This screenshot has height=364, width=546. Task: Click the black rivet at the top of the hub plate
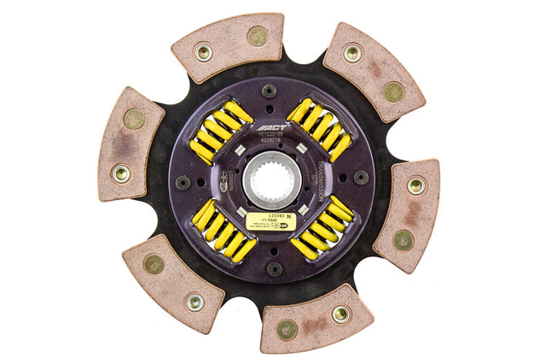(x=270, y=90)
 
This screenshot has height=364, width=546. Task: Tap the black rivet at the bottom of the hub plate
(x=274, y=268)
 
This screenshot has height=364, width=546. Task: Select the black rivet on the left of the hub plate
(x=182, y=181)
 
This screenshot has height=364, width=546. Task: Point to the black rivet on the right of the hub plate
(x=362, y=178)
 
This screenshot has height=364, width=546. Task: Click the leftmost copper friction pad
(x=129, y=144)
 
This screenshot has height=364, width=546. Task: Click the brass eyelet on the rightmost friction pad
(x=415, y=185)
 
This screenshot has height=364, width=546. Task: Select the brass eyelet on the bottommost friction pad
(x=340, y=314)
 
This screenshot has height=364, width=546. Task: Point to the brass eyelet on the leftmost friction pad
(x=122, y=173)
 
